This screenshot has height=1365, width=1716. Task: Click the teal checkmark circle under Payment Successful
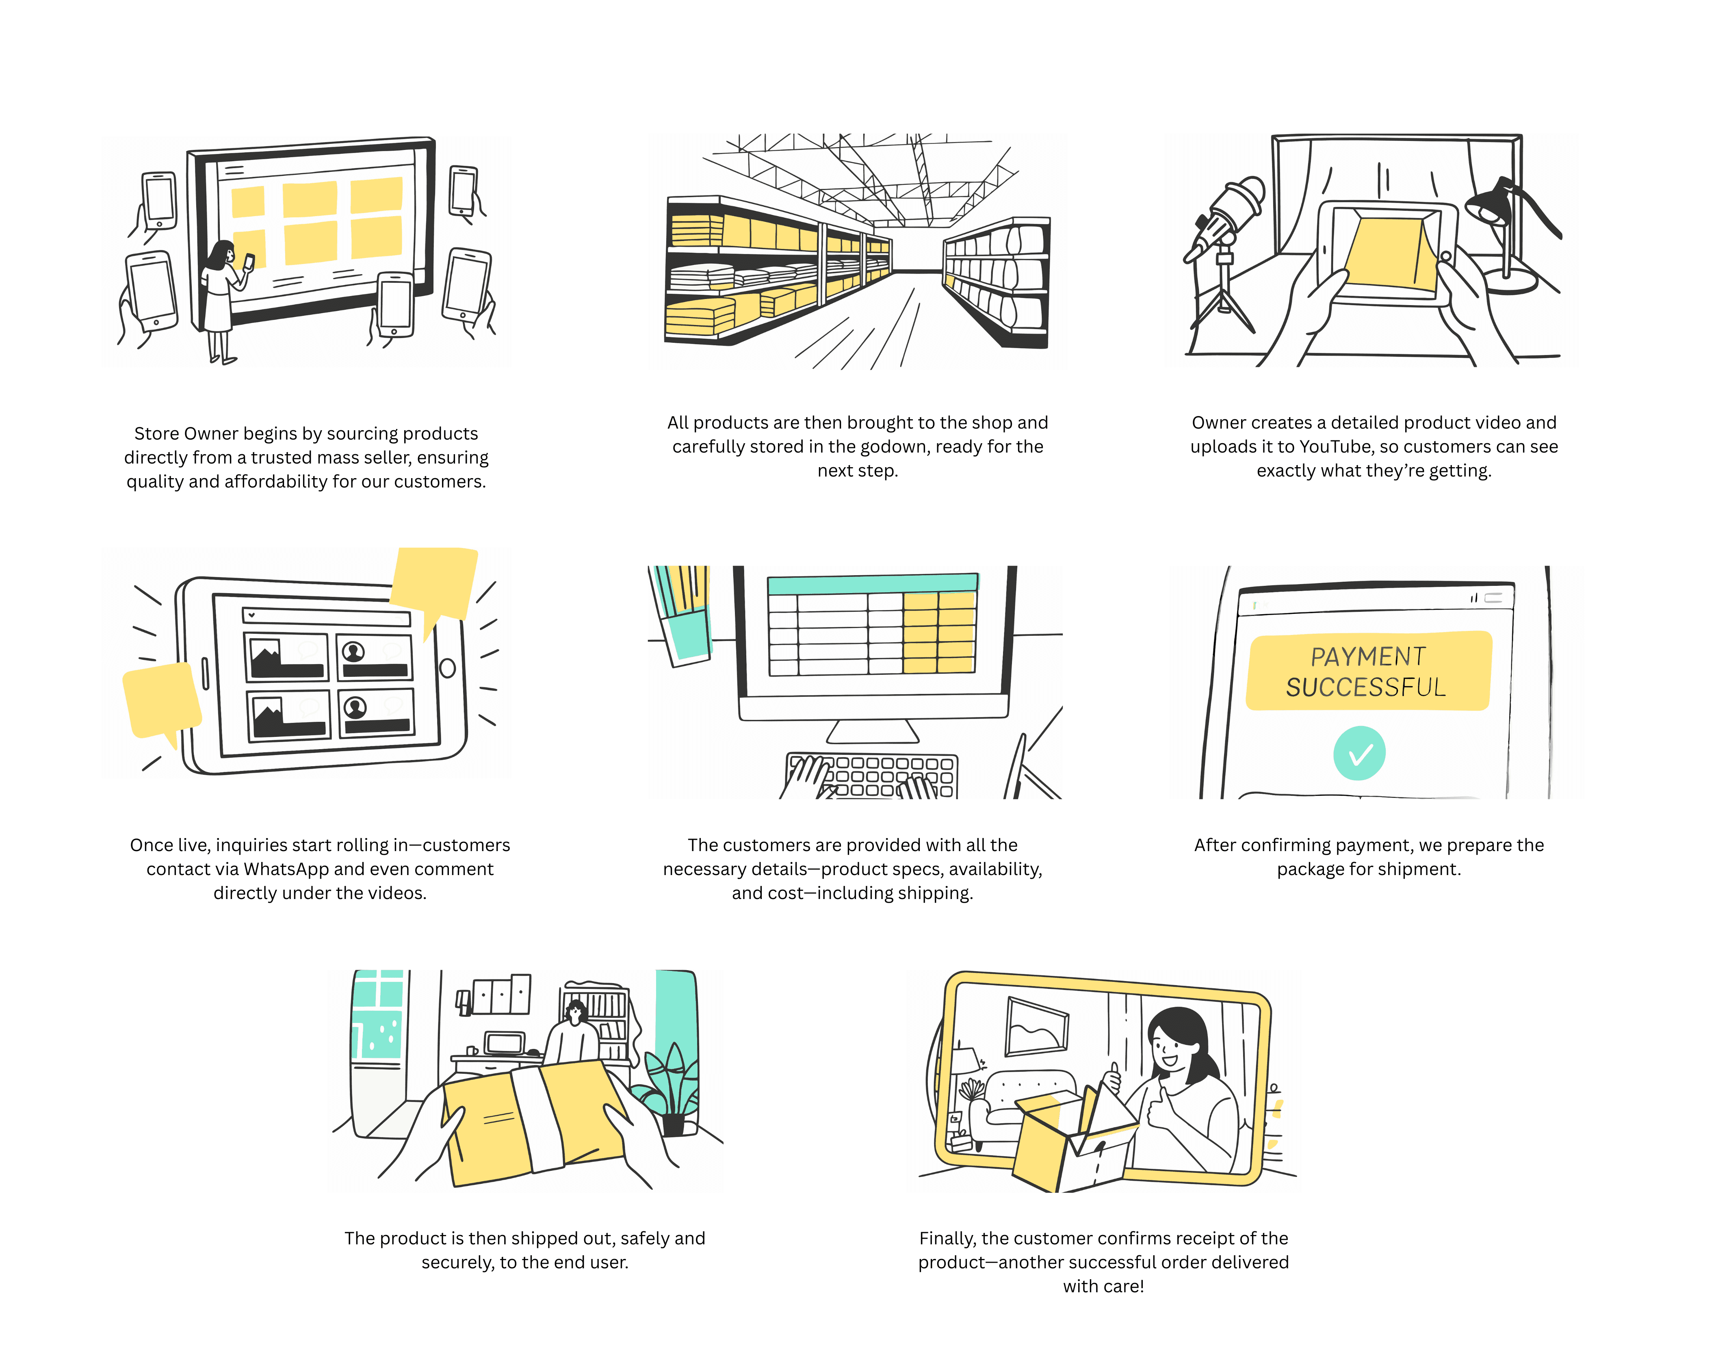(1359, 753)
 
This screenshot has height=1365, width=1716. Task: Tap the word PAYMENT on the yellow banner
(1368, 656)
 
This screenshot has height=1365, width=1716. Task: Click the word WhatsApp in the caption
(286, 869)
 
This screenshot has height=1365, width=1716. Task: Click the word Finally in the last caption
(947, 1238)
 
